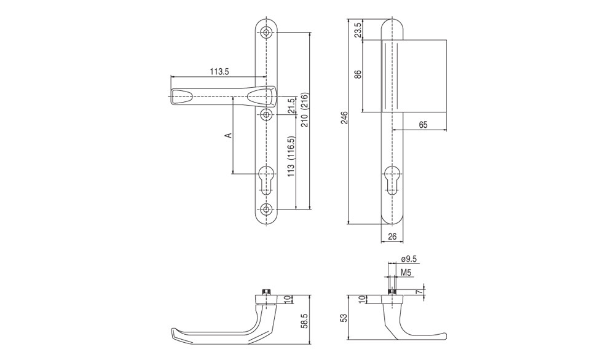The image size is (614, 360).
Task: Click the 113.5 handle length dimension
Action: pos(219,72)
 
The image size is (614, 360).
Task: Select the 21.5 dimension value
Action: pos(291,106)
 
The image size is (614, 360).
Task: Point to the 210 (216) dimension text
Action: pos(305,109)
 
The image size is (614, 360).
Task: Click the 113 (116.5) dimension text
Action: pos(291,157)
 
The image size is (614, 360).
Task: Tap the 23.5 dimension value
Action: pos(358,29)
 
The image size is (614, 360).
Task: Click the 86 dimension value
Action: pos(358,74)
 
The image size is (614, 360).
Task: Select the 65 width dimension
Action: pos(423,125)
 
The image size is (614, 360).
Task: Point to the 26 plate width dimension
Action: pos(392,237)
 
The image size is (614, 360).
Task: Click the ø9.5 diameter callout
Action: pos(409,259)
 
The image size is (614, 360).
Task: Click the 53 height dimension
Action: pos(344,318)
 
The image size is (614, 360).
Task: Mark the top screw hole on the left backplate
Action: pos(267,32)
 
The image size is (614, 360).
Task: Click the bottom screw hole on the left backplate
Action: pos(267,209)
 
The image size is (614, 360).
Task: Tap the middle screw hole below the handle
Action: pos(267,115)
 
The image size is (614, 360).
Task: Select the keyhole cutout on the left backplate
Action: pos(267,179)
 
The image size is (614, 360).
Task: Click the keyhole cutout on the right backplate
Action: pos(392,180)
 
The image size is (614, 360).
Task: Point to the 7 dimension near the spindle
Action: pos(419,292)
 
